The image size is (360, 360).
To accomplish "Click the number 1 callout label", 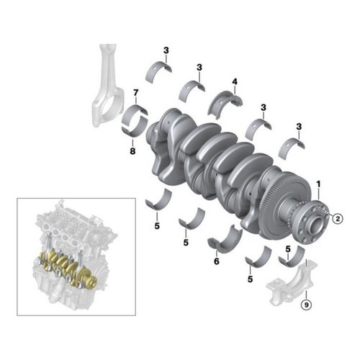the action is [x=318, y=184].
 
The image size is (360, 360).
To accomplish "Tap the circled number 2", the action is [x=338, y=219].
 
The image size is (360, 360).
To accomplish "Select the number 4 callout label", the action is [x=235, y=82].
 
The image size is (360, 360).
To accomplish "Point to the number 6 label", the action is [x=217, y=261].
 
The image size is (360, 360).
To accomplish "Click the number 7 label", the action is [x=136, y=92].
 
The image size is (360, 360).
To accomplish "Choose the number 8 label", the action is [x=132, y=151].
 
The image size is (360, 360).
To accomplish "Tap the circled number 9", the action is [x=306, y=305].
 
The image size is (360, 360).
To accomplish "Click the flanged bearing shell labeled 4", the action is [x=225, y=102].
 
